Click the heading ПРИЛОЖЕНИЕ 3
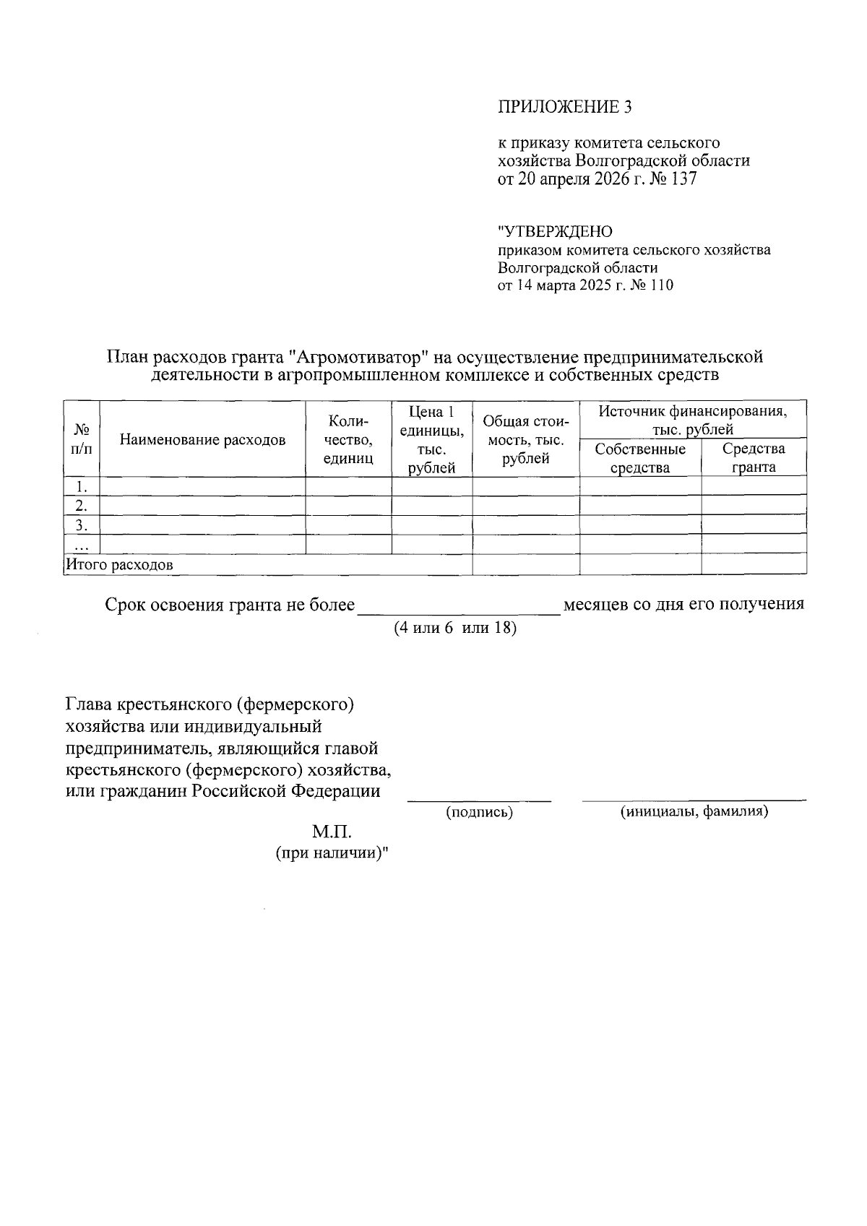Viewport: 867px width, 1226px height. pyautogui.click(x=564, y=108)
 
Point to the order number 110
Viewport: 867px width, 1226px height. pyautogui.click(x=661, y=285)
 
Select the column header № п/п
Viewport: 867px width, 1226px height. pyautogui.click(x=82, y=439)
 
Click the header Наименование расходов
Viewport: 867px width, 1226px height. pyautogui.click(x=202, y=439)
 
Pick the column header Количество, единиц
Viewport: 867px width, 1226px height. pyautogui.click(x=348, y=439)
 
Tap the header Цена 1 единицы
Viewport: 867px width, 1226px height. pyautogui.click(x=431, y=439)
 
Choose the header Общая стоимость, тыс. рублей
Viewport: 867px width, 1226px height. pyautogui.click(x=525, y=439)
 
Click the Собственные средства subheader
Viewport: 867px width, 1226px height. pyautogui.click(x=640, y=458)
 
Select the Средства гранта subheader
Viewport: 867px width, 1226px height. pyautogui.click(x=754, y=458)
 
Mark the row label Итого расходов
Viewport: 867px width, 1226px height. pyautogui.click(x=119, y=565)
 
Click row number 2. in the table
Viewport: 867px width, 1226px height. pyautogui.click(x=82, y=505)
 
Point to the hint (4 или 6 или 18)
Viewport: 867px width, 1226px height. pyautogui.click(x=455, y=628)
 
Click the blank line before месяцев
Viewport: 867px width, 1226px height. pyautogui.click(x=459, y=607)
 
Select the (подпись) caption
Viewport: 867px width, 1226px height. pyautogui.click(x=479, y=813)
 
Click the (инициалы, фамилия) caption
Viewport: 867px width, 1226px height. pyautogui.click(x=694, y=811)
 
